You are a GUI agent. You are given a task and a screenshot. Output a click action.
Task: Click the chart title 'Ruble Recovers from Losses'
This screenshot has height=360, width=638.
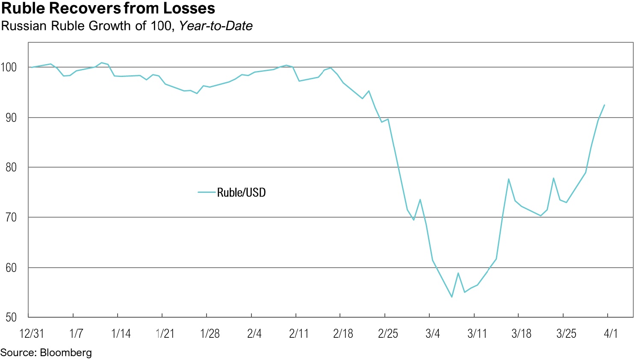(108, 8)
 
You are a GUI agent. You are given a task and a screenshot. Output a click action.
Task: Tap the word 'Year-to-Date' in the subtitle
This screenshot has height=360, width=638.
(216, 26)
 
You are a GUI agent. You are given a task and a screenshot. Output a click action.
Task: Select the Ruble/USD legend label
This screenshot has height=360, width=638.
(241, 193)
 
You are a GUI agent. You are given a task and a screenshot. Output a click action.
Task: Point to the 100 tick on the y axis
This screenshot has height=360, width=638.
(9, 67)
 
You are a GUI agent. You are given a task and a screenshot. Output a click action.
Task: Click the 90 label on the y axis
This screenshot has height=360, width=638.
(11, 118)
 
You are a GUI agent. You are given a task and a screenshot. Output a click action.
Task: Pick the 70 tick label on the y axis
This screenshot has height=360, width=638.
(11, 217)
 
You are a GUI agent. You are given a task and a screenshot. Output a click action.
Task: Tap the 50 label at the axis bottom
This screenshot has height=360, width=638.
(11, 317)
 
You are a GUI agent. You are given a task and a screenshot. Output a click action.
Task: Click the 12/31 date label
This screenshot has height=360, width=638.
(32, 333)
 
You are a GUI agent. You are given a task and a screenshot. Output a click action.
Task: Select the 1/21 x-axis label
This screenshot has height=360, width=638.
(165, 333)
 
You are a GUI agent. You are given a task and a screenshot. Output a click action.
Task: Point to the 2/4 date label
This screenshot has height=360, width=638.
(254, 333)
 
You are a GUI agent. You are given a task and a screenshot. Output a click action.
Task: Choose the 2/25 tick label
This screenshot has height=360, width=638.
(388, 333)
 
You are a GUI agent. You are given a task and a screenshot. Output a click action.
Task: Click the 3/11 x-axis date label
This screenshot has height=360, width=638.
(477, 333)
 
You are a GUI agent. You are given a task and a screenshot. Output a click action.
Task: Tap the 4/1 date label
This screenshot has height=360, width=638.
(611, 333)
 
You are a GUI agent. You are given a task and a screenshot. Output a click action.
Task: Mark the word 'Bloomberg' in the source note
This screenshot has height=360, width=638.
(66, 353)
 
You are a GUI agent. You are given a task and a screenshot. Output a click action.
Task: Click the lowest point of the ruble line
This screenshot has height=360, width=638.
(452, 297)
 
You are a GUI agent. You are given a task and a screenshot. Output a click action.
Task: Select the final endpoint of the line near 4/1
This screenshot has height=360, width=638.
(604, 105)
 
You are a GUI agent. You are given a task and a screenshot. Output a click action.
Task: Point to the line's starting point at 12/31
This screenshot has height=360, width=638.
(31, 67)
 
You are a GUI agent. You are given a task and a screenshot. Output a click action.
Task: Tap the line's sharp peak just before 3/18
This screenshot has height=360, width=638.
(508, 179)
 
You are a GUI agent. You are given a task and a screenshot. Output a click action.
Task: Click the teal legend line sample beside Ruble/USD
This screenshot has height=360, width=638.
(207, 192)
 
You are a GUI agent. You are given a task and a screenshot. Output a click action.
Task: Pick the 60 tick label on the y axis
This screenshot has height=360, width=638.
(11, 268)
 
